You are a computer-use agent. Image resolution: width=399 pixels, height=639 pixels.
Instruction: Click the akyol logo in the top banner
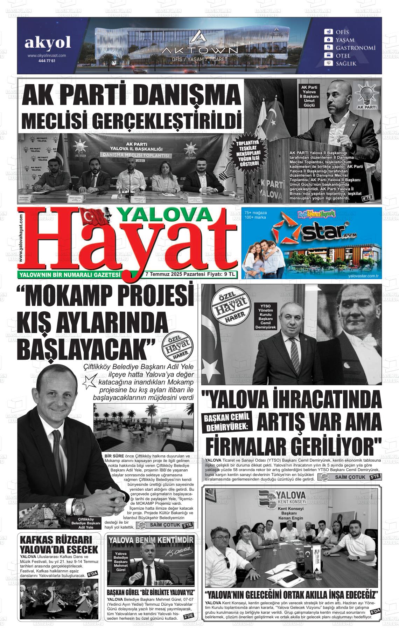(x=47, y=43)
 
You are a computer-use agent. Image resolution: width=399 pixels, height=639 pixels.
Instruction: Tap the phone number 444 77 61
(x=47, y=61)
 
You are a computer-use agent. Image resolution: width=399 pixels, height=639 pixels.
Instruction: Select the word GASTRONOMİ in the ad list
(x=355, y=48)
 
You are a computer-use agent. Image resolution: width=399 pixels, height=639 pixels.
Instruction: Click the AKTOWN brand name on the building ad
(x=198, y=51)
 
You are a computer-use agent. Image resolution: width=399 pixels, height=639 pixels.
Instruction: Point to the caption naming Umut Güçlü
(x=309, y=96)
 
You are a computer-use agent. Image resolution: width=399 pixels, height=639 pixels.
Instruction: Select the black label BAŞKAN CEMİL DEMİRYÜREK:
(x=227, y=422)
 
